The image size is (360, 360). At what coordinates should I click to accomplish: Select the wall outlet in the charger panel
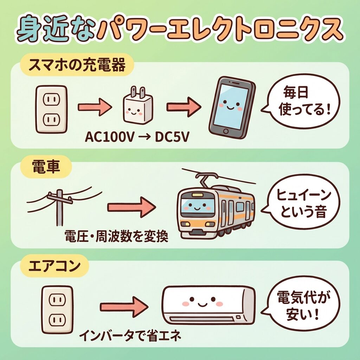coord(51,109)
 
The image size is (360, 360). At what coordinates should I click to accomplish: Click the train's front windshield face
coord(197,206)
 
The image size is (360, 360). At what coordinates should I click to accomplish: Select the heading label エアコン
coord(55,266)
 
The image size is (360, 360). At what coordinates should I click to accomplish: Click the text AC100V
coord(110,136)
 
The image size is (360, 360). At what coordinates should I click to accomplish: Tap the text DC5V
coord(172,136)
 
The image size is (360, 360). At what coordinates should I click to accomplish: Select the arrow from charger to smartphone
coord(183,108)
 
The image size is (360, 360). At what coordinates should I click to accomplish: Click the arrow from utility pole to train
coord(131,207)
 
